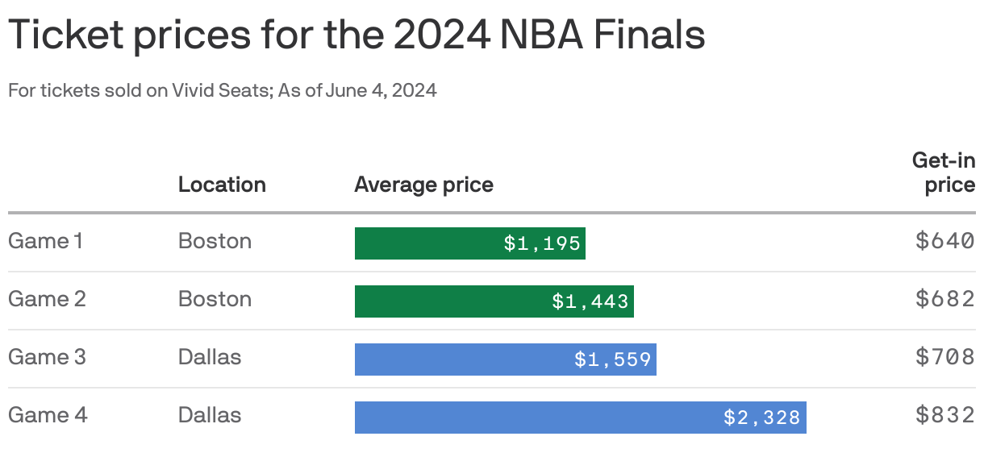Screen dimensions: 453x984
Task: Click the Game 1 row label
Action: pyautogui.click(x=45, y=241)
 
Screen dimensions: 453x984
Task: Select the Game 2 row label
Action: pyautogui.click(x=47, y=299)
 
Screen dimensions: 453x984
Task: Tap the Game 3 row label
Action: pyautogui.click(x=47, y=357)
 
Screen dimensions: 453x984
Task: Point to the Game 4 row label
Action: pyautogui.click(x=48, y=415)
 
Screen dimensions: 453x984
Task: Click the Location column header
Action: pyautogui.click(x=222, y=185)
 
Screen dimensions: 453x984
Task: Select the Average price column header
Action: pyautogui.click(x=423, y=185)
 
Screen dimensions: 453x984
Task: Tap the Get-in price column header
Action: pyautogui.click(x=944, y=172)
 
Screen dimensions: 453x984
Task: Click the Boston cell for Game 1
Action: pyautogui.click(x=215, y=241)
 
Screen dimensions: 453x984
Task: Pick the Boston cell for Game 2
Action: pyautogui.click(x=215, y=299)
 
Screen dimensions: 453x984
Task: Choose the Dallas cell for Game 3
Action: pyautogui.click(x=210, y=357)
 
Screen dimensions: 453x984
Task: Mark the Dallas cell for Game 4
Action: pyautogui.click(x=210, y=415)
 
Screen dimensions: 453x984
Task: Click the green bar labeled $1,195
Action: pyautogui.click(x=469, y=243)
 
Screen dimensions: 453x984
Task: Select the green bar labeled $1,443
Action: pyautogui.click(x=494, y=301)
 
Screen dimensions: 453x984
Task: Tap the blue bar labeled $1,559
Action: pyautogui.click(x=505, y=359)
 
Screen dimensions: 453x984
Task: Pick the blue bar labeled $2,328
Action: pyautogui.click(x=580, y=418)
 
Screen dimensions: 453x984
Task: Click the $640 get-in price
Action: pyautogui.click(x=945, y=241)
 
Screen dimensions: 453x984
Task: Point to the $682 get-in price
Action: pyautogui.click(x=945, y=299)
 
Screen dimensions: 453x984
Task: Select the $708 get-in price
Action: pyautogui.click(x=945, y=357)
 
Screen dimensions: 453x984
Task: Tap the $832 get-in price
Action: pyautogui.click(x=945, y=415)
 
